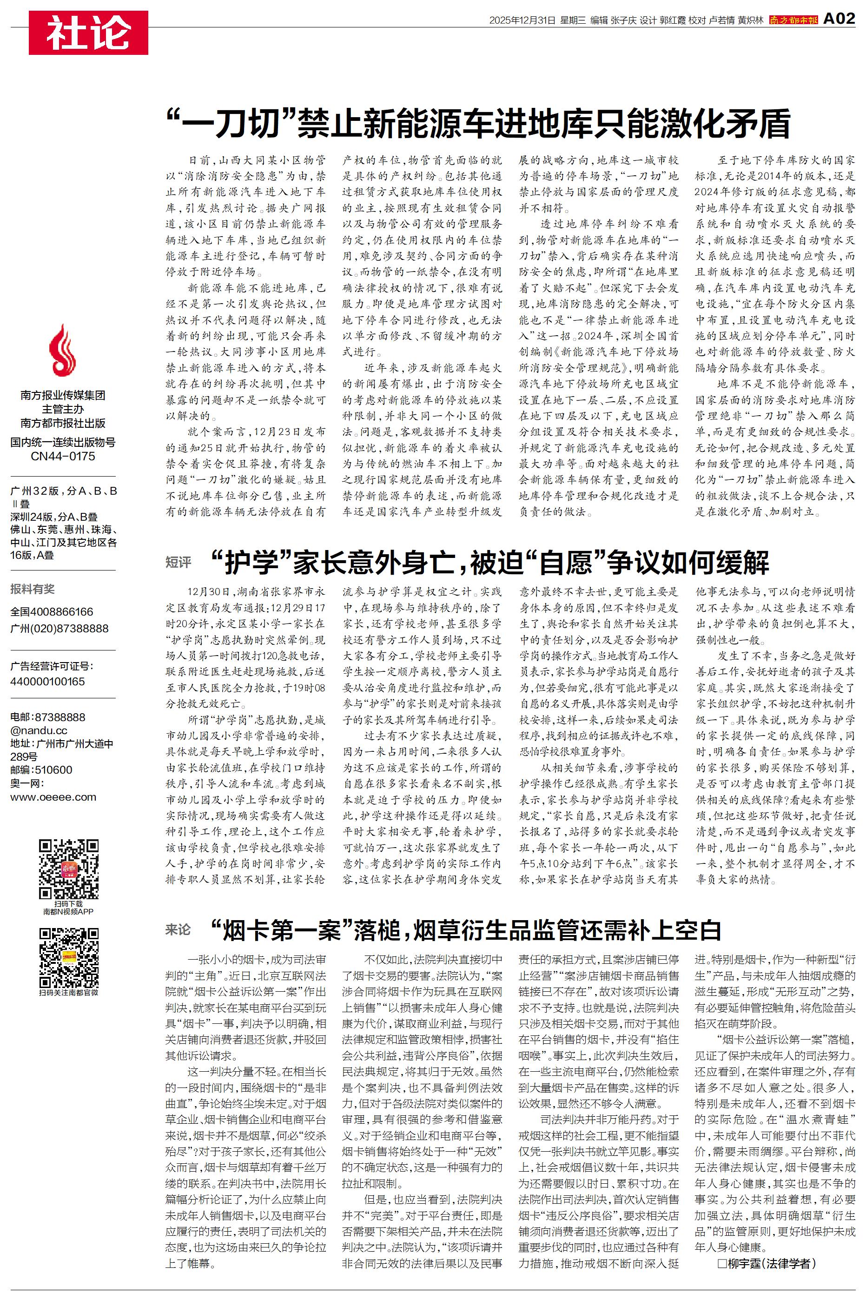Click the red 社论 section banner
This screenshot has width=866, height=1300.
(x=88, y=33)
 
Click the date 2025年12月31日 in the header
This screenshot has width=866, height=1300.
(x=522, y=20)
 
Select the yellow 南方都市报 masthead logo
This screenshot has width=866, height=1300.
(x=793, y=20)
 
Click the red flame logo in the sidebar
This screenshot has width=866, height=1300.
(x=62, y=350)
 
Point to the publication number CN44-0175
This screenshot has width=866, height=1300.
(x=63, y=456)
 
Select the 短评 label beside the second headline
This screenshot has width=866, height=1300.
(x=178, y=562)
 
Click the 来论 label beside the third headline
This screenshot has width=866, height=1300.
(x=178, y=930)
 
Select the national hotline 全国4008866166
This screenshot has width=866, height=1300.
(x=52, y=611)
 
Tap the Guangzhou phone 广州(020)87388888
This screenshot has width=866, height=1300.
(x=59, y=629)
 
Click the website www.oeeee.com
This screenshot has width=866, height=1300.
(x=53, y=797)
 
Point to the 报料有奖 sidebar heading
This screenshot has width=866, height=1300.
(x=33, y=589)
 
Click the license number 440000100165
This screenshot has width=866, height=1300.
(x=47, y=682)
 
